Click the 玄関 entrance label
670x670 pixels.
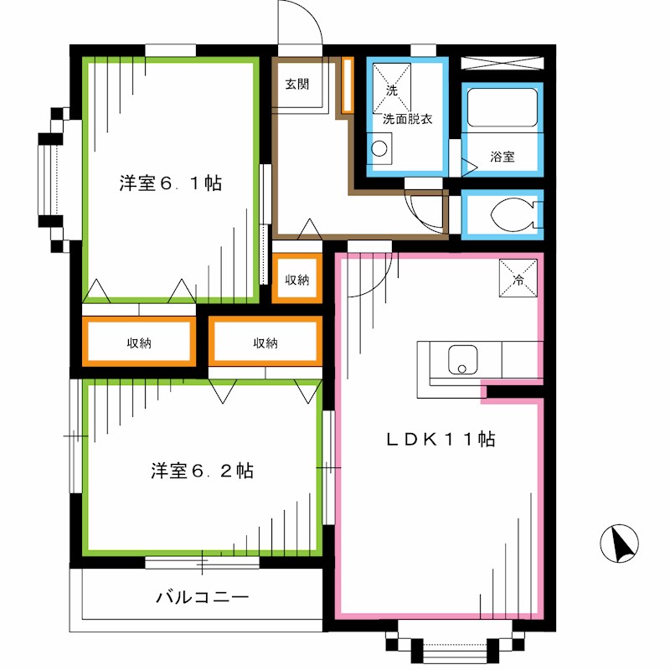[x=296, y=84]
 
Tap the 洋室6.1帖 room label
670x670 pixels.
[x=170, y=183]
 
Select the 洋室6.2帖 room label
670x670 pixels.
[x=203, y=471]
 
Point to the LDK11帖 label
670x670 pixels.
[x=440, y=439]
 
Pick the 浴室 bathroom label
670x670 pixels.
[x=502, y=157]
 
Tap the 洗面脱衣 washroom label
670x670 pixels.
[x=407, y=120]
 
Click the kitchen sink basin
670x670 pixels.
[x=460, y=360]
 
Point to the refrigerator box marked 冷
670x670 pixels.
[x=518, y=278]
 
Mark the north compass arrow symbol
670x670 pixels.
[x=621, y=545]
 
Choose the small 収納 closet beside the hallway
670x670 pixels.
[x=296, y=280]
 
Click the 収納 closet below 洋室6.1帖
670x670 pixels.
[x=139, y=343]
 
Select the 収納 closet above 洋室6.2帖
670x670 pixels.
[x=265, y=343]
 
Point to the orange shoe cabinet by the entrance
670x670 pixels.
[x=348, y=85]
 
